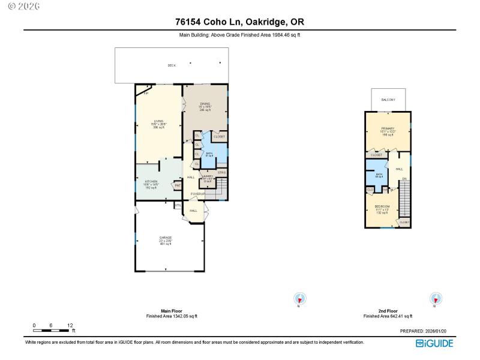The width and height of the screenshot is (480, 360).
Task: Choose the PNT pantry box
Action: (x=178, y=186)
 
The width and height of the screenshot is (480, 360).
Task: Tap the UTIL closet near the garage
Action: (x=178, y=206)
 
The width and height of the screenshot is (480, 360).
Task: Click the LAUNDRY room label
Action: (x=208, y=178)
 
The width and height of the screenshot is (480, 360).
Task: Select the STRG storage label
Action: (x=221, y=173)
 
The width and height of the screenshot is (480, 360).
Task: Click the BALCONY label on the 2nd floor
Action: (x=388, y=100)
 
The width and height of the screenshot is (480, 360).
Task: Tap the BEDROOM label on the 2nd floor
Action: (x=382, y=207)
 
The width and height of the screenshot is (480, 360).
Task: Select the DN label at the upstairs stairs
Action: (x=404, y=179)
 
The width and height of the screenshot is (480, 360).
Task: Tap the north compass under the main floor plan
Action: (x=299, y=298)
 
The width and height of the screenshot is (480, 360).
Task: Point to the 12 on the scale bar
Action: (x=70, y=325)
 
